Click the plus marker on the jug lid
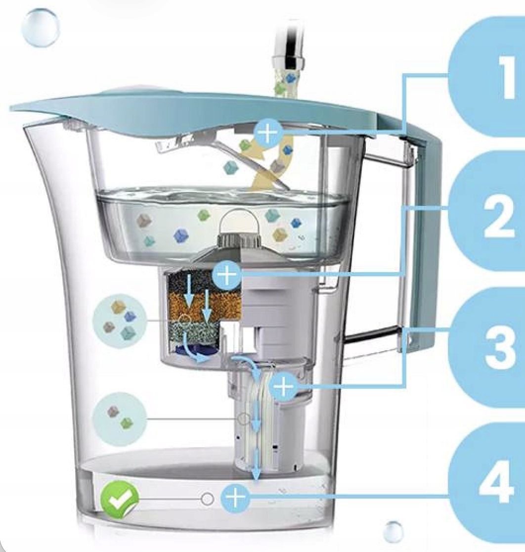pyautogui.click(x=267, y=133)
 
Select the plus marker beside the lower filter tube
pyautogui.click(x=283, y=386)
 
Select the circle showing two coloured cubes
pyautogui.click(x=119, y=418)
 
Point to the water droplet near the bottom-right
pyautogui.click(x=394, y=531)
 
